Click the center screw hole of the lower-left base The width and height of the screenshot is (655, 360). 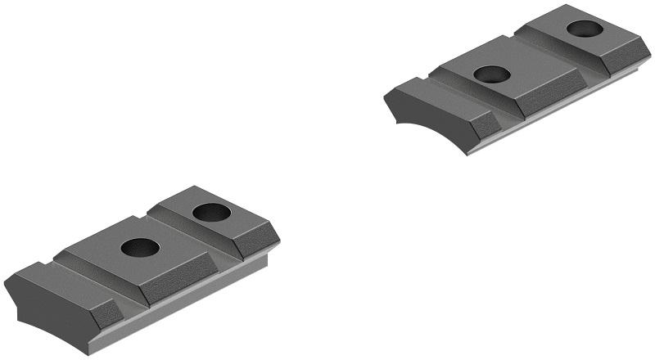[x=139, y=246]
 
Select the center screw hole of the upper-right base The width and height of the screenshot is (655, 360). [x=492, y=74]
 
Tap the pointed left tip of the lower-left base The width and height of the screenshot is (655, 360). [x=5, y=282]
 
